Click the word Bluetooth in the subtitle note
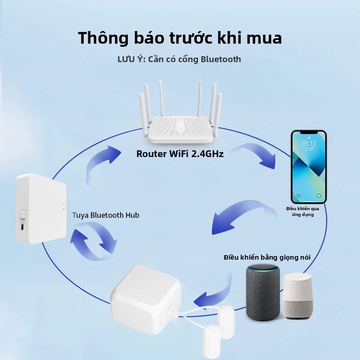[x=221, y=59]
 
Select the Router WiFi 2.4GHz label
[x=180, y=154]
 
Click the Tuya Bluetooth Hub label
[x=106, y=215]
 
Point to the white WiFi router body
[x=180, y=130]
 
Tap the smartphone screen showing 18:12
[x=309, y=166]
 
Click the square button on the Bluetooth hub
[x=23, y=214]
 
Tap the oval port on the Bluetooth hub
[x=22, y=227]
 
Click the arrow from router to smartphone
[x=255, y=154]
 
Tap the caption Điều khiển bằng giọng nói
[x=267, y=257]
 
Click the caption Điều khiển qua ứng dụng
[x=302, y=211]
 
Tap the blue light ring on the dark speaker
[x=263, y=268]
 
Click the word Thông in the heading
[x=103, y=38]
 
